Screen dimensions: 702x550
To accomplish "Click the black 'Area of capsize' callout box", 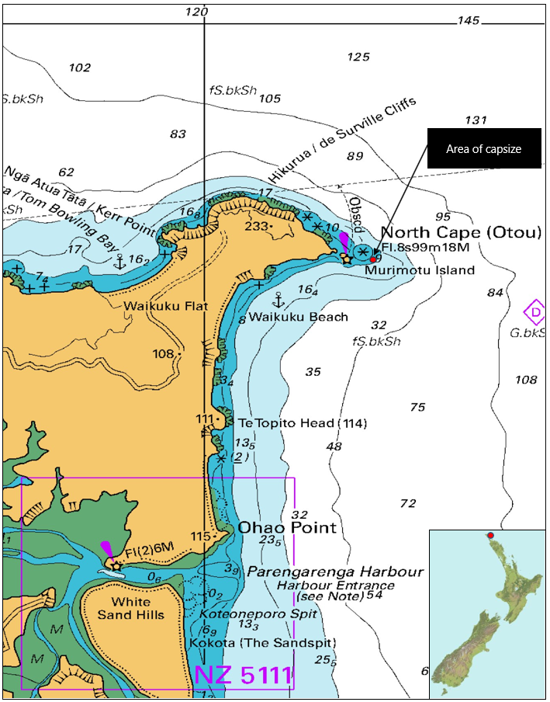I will (484, 148).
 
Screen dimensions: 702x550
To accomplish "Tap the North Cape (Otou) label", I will (446, 233).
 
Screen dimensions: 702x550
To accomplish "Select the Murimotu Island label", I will (420, 270).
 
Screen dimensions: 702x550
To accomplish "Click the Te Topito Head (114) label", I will (302, 423).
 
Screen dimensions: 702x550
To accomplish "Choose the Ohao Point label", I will (287, 528).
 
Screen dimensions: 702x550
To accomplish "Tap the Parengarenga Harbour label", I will (335, 572).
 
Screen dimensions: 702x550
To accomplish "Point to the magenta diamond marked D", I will (534, 312).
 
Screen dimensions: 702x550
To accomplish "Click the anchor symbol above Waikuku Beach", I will (275, 299).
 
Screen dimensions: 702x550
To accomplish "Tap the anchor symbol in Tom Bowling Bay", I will (119, 262).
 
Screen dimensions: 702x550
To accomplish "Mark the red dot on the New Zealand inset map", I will (490, 535).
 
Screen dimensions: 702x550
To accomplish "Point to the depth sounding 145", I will (469, 20).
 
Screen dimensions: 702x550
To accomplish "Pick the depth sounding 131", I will (476, 120).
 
